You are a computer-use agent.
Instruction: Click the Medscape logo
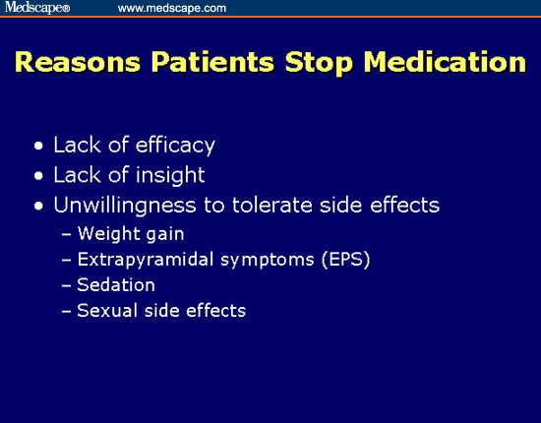[x=37, y=7]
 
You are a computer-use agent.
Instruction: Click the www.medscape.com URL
[x=172, y=8]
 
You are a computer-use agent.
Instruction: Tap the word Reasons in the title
[x=78, y=62]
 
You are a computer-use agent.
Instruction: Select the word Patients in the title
[x=212, y=62]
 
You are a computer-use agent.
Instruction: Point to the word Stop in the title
[x=319, y=63]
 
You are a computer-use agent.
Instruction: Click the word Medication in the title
[x=445, y=62]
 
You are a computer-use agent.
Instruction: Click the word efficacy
[x=175, y=146]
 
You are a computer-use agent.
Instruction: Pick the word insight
[x=170, y=175]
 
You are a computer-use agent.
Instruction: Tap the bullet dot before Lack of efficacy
[x=38, y=146]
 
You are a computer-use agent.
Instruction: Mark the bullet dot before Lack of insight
[x=38, y=176]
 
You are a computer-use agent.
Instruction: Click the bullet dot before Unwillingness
[x=38, y=207]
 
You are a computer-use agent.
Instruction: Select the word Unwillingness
[x=125, y=206]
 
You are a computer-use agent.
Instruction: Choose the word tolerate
[x=271, y=206]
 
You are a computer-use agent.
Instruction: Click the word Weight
[x=108, y=234]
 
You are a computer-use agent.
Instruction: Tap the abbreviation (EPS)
[x=345, y=260]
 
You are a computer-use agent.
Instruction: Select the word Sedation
[x=116, y=285]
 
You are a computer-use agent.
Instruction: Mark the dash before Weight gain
[x=66, y=234]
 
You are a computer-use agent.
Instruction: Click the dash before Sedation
[x=66, y=285]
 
